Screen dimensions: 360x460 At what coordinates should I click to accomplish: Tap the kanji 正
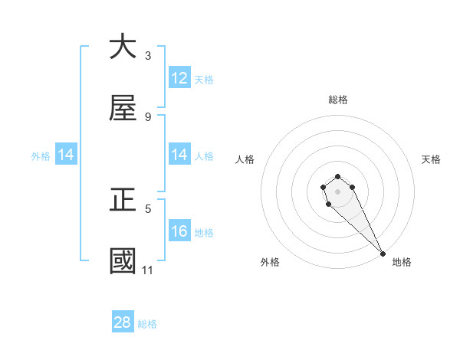pyautogui.click(x=123, y=201)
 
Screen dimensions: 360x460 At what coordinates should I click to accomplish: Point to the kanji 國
pyautogui.click(x=123, y=260)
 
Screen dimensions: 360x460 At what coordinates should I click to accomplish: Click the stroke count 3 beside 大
pyautogui.click(x=148, y=55)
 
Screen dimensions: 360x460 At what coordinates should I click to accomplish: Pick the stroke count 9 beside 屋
pyautogui.click(x=148, y=116)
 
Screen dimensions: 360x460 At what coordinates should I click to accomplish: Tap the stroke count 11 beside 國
pyautogui.click(x=148, y=270)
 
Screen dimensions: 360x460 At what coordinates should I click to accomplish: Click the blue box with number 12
pyautogui.click(x=179, y=78)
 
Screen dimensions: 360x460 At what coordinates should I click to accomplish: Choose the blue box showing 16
pyautogui.click(x=179, y=231)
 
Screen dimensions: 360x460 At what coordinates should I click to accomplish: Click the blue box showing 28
pyautogui.click(x=123, y=322)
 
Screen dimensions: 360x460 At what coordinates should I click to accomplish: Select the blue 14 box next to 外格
pyautogui.click(x=66, y=155)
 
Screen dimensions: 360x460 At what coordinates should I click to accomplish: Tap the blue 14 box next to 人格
pyautogui.click(x=179, y=155)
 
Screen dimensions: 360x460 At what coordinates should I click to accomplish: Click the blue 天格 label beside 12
pyautogui.click(x=204, y=79)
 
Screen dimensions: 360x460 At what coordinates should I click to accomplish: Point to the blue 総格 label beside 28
pyautogui.click(x=147, y=324)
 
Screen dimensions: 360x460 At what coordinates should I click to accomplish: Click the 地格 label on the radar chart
pyautogui.click(x=402, y=262)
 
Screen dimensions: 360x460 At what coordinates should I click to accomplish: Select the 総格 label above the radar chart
pyautogui.click(x=338, y=100)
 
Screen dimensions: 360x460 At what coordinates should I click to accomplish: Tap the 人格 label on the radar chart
pyautogui.click(x=245, y=159)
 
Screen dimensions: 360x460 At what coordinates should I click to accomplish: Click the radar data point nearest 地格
pyautogui.click(x=383, y=253)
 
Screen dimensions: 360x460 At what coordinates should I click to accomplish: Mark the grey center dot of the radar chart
pyautogui.click(x=337, y=191)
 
